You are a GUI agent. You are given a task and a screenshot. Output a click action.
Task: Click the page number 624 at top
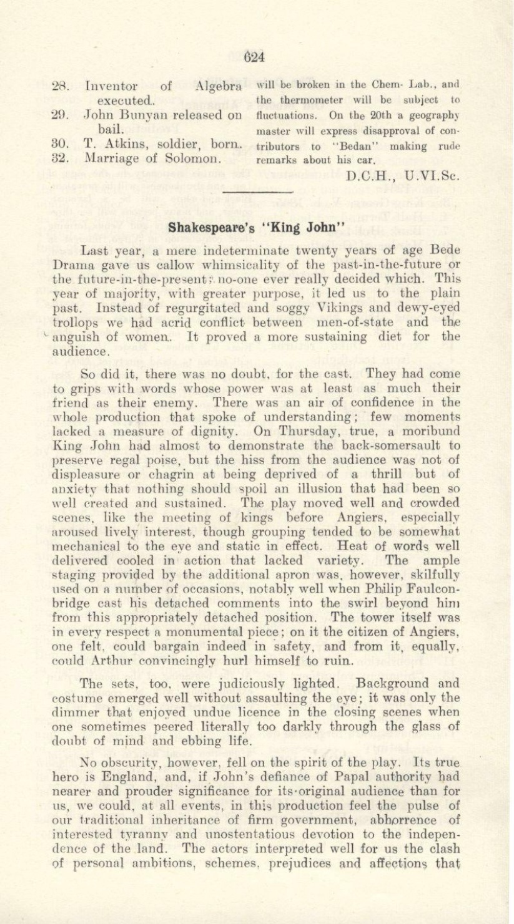click(256, 56)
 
